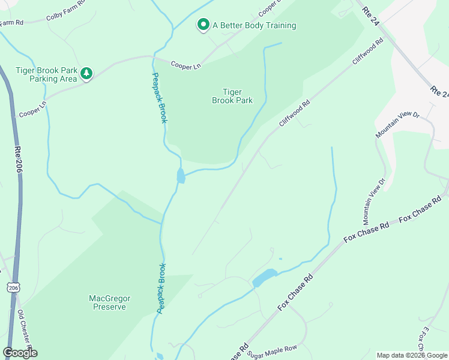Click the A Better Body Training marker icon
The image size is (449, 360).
click(x=203, y=25)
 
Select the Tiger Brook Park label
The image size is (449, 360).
click(x=232, y=97)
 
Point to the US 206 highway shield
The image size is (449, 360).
click(x=13, y=288)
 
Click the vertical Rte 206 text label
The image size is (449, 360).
click(x=18, y=161)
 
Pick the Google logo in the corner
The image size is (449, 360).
click(x=20, y=353)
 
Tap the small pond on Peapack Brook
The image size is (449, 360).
click(x=181, y=176)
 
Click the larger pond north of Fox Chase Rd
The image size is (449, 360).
click(x=264, y=278)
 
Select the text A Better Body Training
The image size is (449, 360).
click(x=254, y=25)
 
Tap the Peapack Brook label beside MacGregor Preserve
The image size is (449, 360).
click(x=160, y=288)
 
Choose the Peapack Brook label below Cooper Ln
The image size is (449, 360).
click(x=159, y=98)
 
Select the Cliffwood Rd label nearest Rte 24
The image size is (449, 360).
click(x=367, y=52)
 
